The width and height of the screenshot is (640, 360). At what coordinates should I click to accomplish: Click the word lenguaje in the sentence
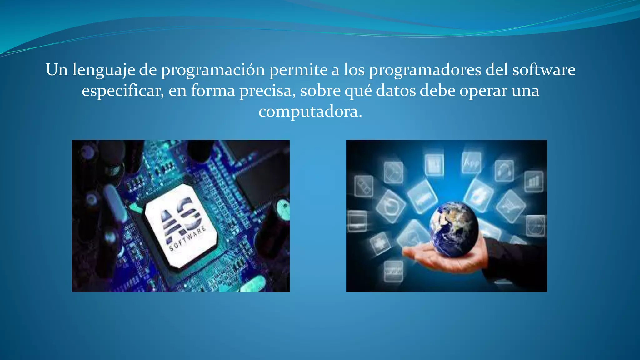[x=103, y=70]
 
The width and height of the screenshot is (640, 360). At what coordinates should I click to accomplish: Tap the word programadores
[x=425, y=70]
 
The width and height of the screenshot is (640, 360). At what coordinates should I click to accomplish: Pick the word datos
[x=396, y=91]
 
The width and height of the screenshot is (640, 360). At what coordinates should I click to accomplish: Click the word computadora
[x=310, y=112]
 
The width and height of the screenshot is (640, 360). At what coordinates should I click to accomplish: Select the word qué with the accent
[x=358, y=91]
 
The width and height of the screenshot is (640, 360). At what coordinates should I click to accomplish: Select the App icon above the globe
[x=471, y=163]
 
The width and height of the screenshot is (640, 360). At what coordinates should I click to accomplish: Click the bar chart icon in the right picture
[x=533, y=181]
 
